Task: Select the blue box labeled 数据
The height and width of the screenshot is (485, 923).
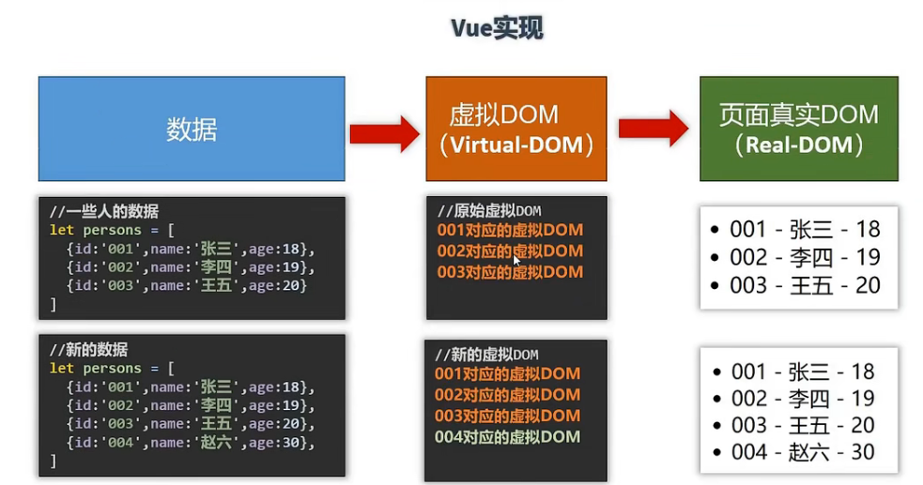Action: (x=192, y=129)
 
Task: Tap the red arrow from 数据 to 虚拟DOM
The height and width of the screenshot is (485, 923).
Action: (x=384, y=133)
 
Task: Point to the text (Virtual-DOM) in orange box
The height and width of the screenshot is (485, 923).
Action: (x=516, y=145)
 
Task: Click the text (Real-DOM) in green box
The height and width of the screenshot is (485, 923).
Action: (x=798, y=144)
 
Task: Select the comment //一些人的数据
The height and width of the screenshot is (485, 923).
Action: (x=104, y=211)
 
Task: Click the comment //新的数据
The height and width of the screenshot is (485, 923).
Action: (x=90, y=349)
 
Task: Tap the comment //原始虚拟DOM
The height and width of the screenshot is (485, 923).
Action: (x=489, y=211)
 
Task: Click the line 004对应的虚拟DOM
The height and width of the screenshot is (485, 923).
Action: (x=507, y=436)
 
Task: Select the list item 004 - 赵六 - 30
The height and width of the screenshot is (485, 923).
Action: (x=803, y=452)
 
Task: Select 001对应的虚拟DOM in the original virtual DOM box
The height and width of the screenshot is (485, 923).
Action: (x=509, y=230)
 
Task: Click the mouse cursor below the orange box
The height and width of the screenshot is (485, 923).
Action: (x=516, y=184)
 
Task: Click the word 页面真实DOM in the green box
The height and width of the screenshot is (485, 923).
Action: (x=798, y=115)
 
